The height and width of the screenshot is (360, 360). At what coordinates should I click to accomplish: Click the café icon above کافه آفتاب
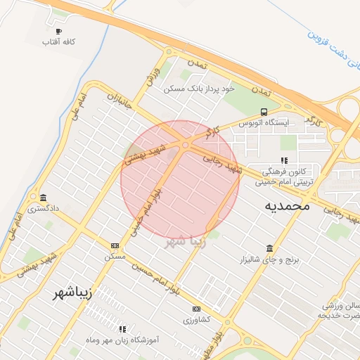58,31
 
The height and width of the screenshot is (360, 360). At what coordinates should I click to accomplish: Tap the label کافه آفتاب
58,43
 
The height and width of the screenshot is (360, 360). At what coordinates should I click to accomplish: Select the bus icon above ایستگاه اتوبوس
264,111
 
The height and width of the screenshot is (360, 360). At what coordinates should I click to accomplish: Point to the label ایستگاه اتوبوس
264,123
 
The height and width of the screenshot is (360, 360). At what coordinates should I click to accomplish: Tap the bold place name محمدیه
287,206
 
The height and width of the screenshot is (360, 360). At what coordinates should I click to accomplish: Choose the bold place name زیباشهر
73,293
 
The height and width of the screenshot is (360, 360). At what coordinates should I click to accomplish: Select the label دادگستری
44,209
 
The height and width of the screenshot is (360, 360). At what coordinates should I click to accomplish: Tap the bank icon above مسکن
115,245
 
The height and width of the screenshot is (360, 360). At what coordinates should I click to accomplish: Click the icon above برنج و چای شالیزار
270,247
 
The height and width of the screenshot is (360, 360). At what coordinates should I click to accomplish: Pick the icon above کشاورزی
196,309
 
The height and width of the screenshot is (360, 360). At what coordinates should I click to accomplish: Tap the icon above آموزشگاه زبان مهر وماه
122,328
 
